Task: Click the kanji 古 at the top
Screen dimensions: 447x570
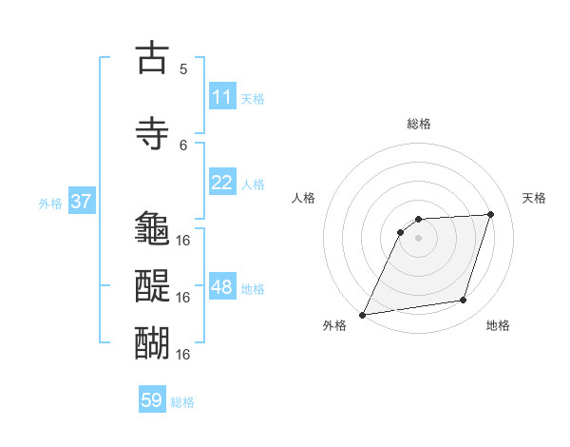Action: [x=152, y=59]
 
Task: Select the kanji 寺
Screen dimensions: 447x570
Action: [x=152, y=134]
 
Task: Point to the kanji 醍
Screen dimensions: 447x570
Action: [x=152, y=285]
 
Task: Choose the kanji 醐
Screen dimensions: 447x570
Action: [x=152, y=341]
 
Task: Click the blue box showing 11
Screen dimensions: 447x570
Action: [x=222, y=97]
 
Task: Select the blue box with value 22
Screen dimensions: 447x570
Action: [x=222, y=183]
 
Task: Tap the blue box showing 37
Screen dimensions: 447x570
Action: [x=81, y=202]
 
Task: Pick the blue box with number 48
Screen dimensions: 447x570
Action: [x=222, y=287]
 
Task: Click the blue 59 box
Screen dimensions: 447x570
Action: [x=152, y=400]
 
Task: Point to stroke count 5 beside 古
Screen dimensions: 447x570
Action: [x=183, y=68]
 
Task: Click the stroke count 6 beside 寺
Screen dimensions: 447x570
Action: [x=183, y=145]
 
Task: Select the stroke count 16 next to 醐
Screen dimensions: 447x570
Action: [x=183, y=354]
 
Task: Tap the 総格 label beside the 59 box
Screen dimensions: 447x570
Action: [x=182, y=402]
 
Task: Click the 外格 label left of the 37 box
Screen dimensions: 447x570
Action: [x=50, y=203]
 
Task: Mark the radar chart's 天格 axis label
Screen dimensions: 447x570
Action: [x=534, y=198]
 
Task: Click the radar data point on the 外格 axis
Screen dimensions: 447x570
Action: [x=362, y=314]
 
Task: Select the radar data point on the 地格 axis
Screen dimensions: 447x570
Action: [x=464, y=301]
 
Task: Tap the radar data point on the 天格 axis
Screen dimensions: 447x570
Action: [x=491, y=214]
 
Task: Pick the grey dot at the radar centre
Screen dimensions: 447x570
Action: [x=418, y=238]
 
